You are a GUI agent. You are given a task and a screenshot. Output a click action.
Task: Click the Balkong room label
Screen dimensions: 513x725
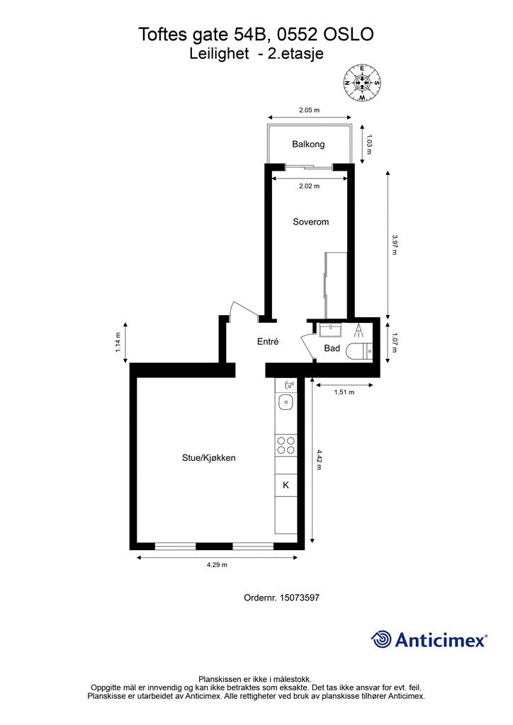[308, 144]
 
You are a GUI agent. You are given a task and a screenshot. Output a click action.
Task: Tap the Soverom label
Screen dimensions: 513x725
[310, 222]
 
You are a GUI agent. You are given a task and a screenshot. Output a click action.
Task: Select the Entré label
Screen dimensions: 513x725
[268, 342]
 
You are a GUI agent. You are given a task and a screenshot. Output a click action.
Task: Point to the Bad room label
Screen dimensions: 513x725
[332, 348]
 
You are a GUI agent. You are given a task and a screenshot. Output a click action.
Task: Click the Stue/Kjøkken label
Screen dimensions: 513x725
[208, 458]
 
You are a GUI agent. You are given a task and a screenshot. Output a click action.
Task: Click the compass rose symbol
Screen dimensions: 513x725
[362, 83]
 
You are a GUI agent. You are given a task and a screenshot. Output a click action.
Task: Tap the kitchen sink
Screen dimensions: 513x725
[286, 402]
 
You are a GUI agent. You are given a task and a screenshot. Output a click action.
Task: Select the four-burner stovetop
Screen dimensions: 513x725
[286, 445]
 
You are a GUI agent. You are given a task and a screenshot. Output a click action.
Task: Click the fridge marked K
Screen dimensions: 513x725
[286, 485]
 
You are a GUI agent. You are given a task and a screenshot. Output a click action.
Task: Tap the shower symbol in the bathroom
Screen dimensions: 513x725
[358, 330]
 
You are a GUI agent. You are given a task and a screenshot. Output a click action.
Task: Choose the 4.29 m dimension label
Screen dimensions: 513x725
[217, 564]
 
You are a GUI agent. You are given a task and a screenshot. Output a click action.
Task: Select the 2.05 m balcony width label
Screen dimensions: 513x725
[309, 110]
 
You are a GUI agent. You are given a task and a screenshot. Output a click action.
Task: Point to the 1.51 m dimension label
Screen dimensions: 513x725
[344, 392]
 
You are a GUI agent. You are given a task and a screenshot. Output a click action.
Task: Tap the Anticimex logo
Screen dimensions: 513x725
[429, 640]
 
